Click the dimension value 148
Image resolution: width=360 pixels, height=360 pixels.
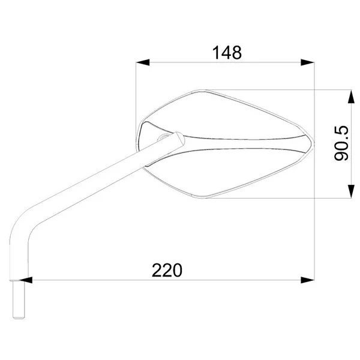tap(227, 53)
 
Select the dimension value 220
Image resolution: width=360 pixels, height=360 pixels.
tap(167, 270)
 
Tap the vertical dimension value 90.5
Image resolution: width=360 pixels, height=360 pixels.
tap(341, 143)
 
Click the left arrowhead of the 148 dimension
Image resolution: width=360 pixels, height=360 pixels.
tap(143, 62)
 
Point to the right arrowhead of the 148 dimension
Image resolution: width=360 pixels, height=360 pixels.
tap(307, 62)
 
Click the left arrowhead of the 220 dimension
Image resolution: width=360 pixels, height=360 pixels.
tap(25, 280)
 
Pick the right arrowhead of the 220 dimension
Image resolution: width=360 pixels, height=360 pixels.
tap(307, 280)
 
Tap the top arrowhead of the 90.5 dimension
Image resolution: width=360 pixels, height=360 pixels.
tap(351, 97)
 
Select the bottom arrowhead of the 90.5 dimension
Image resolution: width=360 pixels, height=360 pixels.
tap(351, 191)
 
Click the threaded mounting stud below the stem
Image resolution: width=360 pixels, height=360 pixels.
tap(19, 299)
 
